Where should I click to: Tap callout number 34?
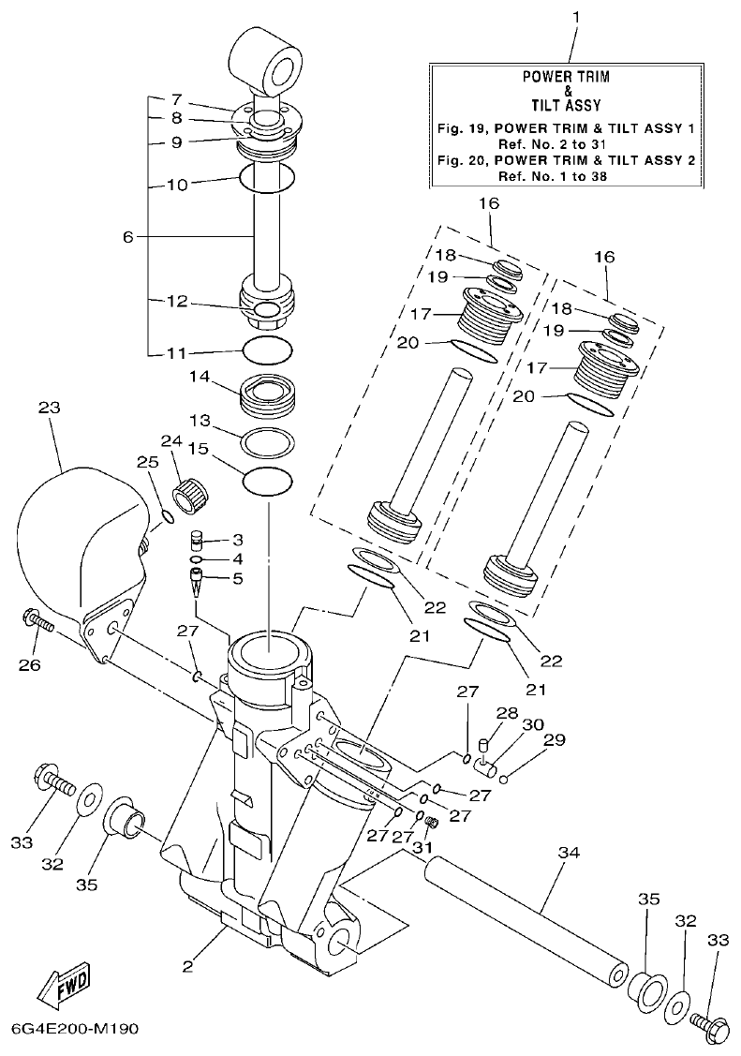pyautogui.click(x=569, y=853)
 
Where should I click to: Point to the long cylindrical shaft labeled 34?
pyautogui.click(x=525, y=924)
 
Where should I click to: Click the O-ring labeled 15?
pyautogui.click(x=267, y=482)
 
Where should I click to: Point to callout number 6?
pyautogui.click(x=128, y=237)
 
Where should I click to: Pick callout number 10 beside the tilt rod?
pyautogui.click(x=177, y=185)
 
